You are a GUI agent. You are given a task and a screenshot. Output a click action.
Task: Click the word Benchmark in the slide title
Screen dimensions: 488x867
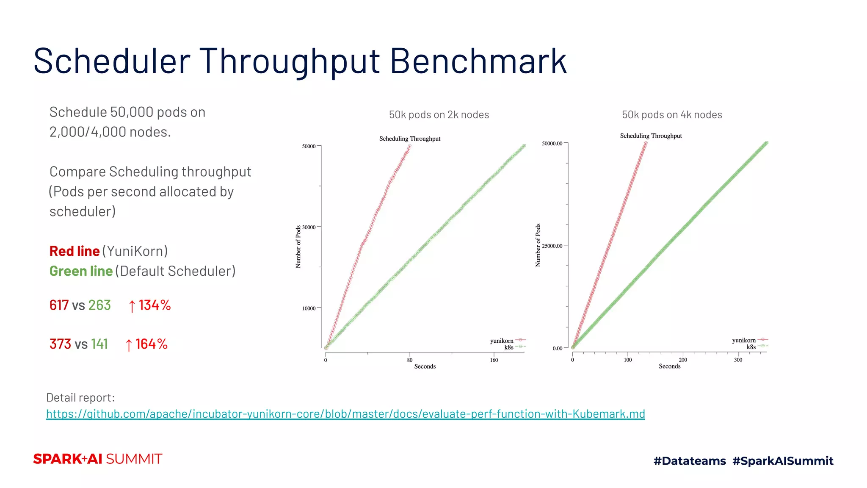478,61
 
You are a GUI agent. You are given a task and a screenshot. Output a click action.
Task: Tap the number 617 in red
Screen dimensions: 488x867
59,305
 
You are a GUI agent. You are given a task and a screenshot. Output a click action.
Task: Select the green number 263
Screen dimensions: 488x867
99,305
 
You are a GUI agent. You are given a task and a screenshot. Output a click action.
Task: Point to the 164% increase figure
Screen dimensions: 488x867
146,344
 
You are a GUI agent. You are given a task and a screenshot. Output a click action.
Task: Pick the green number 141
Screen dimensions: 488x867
99,344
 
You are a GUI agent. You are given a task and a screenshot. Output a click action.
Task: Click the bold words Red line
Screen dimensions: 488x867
75,251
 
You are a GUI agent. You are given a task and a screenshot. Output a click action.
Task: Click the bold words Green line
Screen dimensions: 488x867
81,271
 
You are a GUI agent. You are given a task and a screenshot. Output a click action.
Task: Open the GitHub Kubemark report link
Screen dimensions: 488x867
345,414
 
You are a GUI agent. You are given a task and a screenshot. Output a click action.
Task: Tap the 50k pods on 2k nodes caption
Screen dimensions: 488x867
439,115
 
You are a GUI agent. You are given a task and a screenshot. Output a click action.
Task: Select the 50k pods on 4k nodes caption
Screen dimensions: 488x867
672,115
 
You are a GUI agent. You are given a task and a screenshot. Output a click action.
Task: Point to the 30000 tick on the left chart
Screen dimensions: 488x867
309,227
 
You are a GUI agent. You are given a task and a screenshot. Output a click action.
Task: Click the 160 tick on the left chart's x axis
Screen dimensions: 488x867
494,360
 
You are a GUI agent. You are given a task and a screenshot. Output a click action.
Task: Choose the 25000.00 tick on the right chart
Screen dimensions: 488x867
552,246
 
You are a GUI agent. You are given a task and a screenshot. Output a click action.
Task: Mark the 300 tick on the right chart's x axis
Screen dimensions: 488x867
738,360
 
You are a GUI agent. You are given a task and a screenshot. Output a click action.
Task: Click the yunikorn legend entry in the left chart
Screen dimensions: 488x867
502,341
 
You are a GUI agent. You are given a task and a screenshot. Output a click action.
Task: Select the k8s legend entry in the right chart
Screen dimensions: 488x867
751,347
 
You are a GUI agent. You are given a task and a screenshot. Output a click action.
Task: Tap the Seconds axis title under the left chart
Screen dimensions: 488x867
425,366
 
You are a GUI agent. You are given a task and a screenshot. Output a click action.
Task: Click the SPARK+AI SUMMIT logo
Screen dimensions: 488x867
98,459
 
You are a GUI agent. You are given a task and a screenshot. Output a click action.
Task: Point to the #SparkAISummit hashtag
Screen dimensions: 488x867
783,461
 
